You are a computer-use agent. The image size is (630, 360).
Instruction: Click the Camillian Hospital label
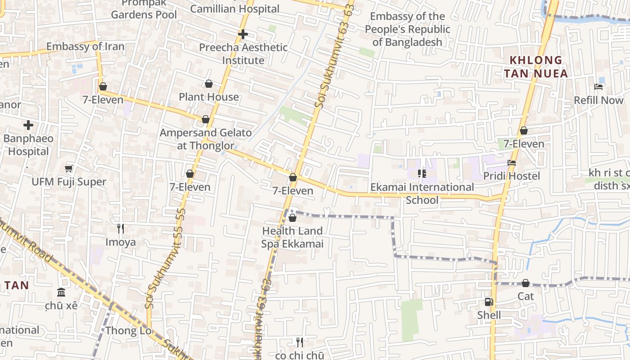point(234,9)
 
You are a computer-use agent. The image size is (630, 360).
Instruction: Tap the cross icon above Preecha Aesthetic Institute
point(243,34)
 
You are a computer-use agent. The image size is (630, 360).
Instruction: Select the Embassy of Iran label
point(85,46)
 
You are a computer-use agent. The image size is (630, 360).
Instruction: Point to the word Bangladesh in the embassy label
point(407,42)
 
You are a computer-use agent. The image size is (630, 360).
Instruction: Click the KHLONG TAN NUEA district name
point(535,67)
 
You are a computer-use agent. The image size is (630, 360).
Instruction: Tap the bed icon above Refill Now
point(598,86)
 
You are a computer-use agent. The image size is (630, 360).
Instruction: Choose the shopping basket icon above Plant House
point(209,84)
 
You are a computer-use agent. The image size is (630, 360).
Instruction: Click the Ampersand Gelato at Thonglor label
point(206,139)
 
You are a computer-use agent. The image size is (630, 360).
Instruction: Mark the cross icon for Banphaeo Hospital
point(28,125)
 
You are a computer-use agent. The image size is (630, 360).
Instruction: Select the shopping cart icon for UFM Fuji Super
point(69,169)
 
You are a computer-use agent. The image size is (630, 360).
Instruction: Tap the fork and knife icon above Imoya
point(120,229)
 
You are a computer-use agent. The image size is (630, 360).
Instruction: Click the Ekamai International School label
point(422,193)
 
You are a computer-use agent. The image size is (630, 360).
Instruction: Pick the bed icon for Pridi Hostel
point(512,163)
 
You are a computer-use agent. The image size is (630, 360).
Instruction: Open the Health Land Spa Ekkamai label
point(292,237)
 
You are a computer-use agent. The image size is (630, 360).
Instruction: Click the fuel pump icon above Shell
point(489,302)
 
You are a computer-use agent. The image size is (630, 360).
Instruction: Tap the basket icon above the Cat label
point(525,283)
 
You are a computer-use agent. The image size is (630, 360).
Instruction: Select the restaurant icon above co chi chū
point(300,342)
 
